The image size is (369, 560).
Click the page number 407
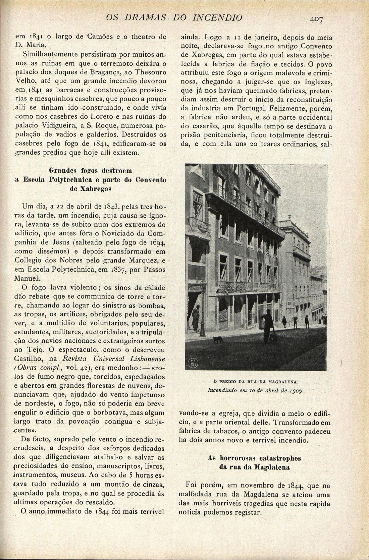tap(316, 20)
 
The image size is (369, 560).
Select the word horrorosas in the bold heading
tap(237, 458)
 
